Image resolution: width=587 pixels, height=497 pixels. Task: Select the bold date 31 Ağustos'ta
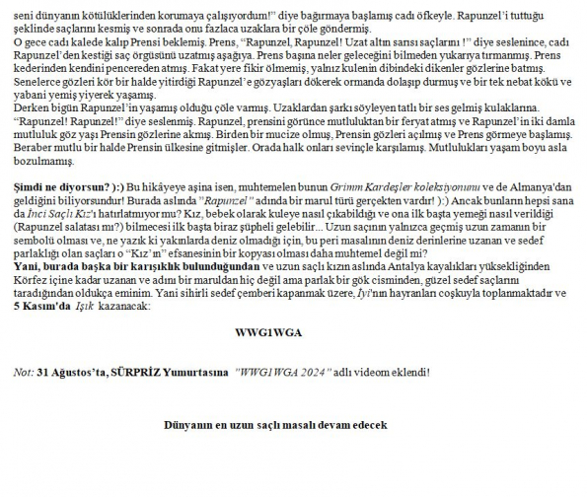(70, 373)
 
